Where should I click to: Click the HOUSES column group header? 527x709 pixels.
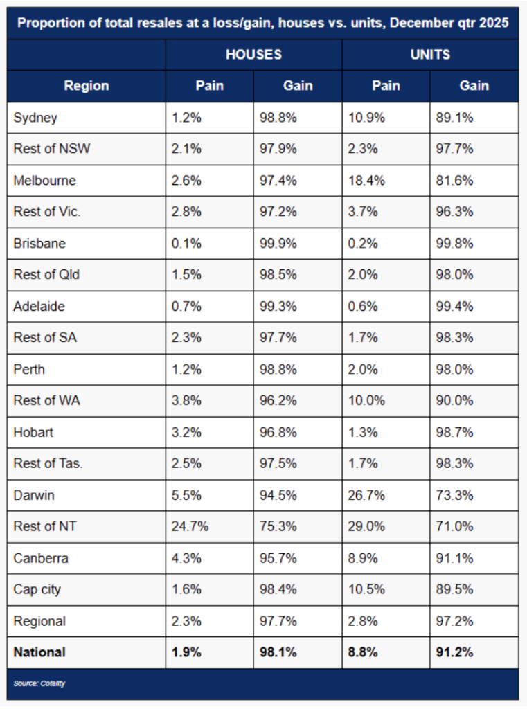(x=253, y=54)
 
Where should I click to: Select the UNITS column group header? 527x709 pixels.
(x=430, y=54)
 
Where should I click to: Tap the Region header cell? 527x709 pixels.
(x=87, y=86)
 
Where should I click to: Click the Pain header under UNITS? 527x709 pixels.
(x=386, y=86)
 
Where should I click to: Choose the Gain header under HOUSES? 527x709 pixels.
(x=298, y=86)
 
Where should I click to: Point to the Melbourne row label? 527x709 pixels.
(x=44, y=181)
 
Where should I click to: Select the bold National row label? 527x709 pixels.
(x=39, y=652)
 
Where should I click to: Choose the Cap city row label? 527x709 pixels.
(x=37, y=589)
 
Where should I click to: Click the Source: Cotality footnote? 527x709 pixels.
(x=39, y=683)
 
